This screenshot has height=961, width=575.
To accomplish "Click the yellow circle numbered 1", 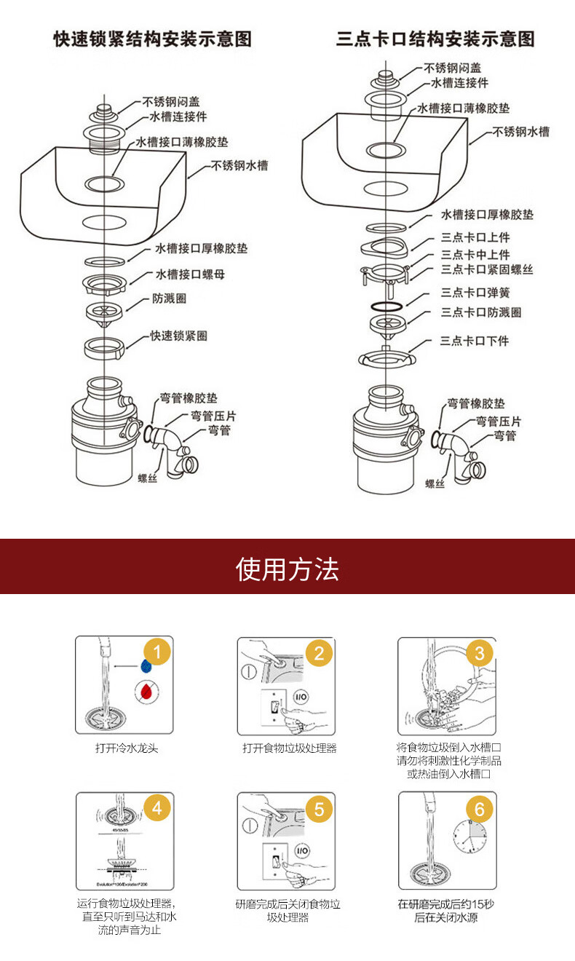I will coord(158,650).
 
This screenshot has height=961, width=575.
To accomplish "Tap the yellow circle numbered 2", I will coord(319,652).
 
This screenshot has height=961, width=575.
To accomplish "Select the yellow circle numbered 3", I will coord(479,652).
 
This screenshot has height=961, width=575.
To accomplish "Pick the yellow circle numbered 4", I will coord(158,807).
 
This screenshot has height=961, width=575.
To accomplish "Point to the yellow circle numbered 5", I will coord(319,808).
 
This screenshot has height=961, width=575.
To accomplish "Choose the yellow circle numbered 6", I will coord(479,808).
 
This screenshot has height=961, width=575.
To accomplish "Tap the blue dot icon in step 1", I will coord(146,665).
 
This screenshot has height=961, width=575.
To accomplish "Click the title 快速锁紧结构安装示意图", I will coord(153,39).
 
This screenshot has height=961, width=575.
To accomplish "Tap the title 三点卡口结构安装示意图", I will coord(435,39).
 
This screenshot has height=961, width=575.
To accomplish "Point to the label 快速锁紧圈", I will coord(179,336).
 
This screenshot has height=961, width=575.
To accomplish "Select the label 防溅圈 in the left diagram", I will coord(169,298).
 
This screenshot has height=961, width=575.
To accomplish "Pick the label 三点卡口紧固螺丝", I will coord(487,270).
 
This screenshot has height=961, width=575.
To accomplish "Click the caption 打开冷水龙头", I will coord(127,748).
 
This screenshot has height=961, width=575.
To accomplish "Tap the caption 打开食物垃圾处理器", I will coord(290,748).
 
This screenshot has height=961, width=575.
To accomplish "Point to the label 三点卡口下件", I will coord(475,341).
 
